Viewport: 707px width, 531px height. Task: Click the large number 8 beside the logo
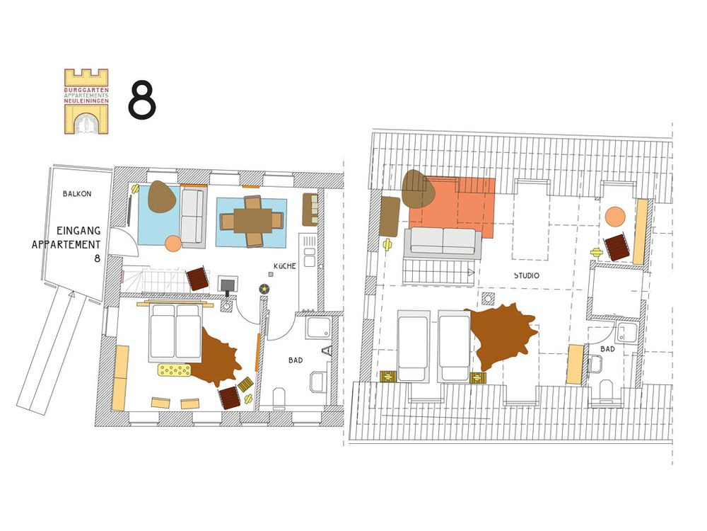point(142,100)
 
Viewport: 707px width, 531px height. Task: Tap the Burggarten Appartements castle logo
point(86,101)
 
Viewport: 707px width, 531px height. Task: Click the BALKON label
point(77,194)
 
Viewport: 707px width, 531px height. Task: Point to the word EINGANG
point(78,231)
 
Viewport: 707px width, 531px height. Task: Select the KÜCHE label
point(285,266)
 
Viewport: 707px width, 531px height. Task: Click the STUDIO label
point(527,275)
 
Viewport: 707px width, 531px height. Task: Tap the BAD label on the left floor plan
point(296,360)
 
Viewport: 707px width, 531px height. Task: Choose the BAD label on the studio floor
point(607,349)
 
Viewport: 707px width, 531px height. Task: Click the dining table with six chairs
point(251,221)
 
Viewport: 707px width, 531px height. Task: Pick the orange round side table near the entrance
point(173,244)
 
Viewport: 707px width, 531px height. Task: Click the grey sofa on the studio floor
point(443,241)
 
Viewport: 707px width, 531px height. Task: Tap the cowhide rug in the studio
point(501,334)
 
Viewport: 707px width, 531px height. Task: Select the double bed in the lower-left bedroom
point(175,332)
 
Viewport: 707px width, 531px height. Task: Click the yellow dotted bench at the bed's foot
point(174,370)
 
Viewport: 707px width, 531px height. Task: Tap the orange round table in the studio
point(615,216)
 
